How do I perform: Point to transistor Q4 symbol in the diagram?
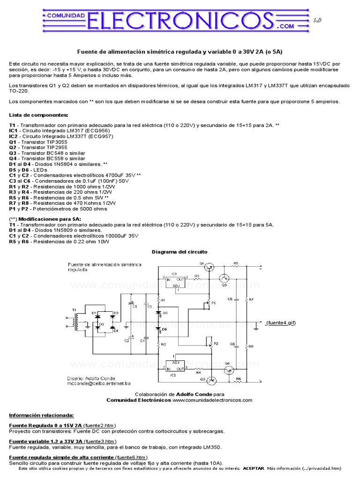(x=229, y=369)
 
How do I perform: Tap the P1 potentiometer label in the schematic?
(x=214, y=304)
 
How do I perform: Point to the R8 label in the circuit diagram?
(x=251, y=346)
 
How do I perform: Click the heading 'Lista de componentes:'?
(x=38, y=115)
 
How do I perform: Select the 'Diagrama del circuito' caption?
(x=180, y=252)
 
